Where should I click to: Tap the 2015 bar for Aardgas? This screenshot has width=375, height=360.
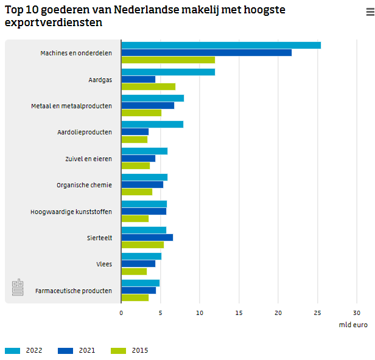pyautogui.click(x=148, y=86)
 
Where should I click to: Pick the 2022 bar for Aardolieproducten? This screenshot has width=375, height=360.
pyautogui.click(x=152, y=125)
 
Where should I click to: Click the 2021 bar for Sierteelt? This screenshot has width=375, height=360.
pyautogui.click(x=147, y=237)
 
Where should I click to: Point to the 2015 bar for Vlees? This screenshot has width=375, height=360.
pyautogui.click(x=134, y=271)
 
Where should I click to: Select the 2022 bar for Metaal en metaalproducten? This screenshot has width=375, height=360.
pyautogui.click(x=152, y=99)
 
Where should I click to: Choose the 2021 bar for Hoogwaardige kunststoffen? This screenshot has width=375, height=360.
pyautogui.click(x=144, y=211)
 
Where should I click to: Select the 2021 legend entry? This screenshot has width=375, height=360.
pyautogui.click(x=77, y=350)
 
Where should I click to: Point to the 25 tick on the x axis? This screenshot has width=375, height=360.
pyautogui.click(x=317, y=313)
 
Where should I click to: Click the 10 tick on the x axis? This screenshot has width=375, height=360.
pyautogui.click(x=200, y=313)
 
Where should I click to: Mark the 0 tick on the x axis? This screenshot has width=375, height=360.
pyautogui.click(x=121, y=313)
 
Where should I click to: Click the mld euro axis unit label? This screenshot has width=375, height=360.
pyautogui.click(x=353, y=325)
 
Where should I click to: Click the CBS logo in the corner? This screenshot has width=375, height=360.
pyautogui.click(x=18, y=287)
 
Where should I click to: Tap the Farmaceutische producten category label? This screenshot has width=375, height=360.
pyautogui.click(x=74, y=291)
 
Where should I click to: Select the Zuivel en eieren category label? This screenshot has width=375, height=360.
pyautogui.click(x=88, y=159)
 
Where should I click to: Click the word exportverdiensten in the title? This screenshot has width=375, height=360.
pyautogui.click(x=54, y=23)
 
